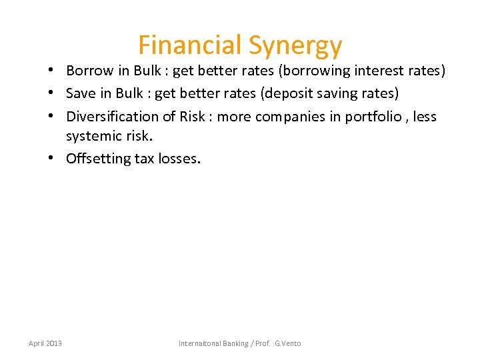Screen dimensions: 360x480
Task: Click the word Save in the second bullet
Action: point(80,93)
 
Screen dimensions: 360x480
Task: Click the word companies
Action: point(289,116)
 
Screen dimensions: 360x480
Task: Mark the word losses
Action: point(179,159)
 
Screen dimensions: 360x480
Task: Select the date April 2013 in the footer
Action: point(45,343)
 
